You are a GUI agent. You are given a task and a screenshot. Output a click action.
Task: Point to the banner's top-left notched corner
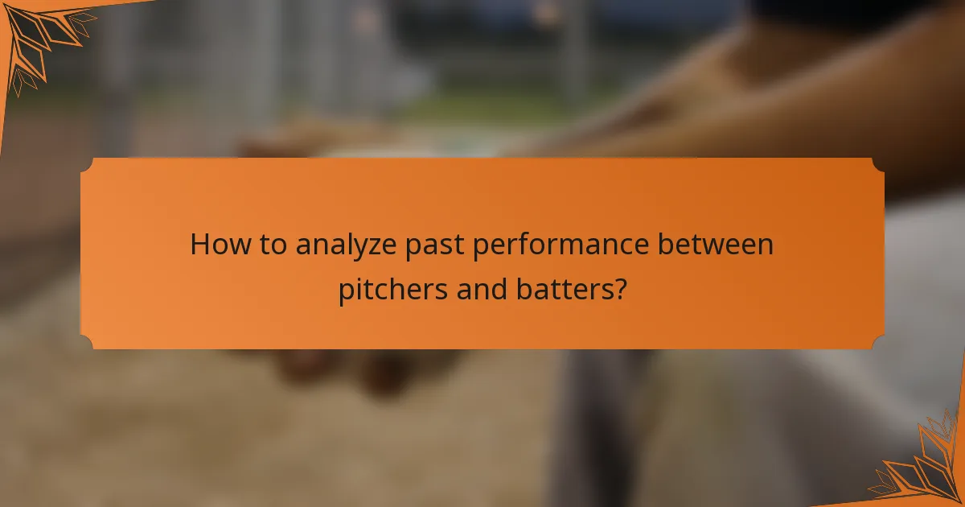pos(87,164)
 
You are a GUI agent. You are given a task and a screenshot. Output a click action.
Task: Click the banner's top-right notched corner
pos(877,164)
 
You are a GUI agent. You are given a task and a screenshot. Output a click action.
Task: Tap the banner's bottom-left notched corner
pos(87,343)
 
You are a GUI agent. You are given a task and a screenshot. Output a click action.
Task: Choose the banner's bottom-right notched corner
pos(877,343)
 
